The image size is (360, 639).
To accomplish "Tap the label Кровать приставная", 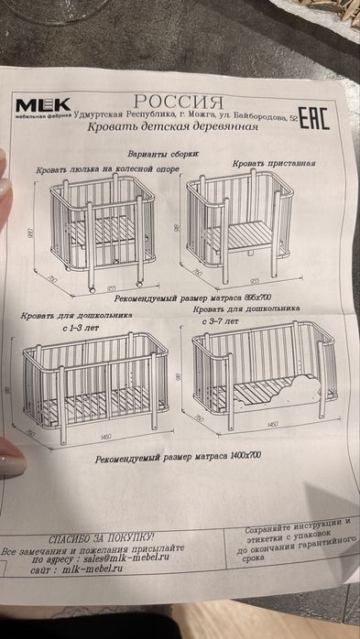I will tap(274, 163).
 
